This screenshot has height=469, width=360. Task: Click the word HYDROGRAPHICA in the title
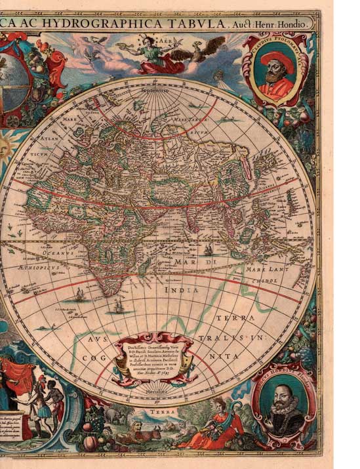pyautogui.click(x=115, y=24)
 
